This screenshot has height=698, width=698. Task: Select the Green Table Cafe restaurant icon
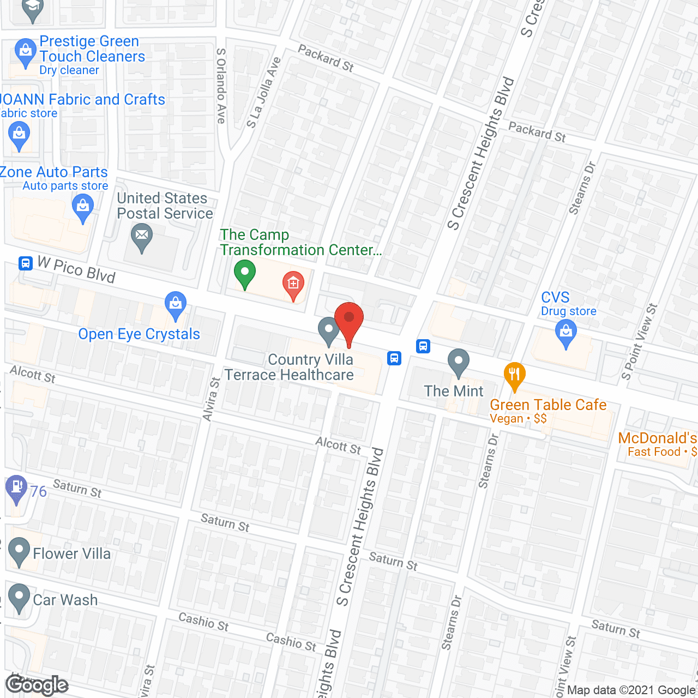(514, 375)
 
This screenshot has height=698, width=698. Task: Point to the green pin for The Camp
(245, 272)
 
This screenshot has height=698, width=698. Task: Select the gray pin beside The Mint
(459, 362)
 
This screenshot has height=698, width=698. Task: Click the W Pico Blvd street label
(76, 269)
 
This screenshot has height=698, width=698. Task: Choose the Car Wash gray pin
(19, 597)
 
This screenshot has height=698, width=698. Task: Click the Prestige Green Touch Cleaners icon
(25, 51)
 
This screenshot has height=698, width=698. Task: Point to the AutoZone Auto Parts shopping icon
(83, 207)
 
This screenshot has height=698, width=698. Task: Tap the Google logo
(37, 685)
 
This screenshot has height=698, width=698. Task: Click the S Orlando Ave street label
(221, 86)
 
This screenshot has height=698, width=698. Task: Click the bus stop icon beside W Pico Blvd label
(25, 263)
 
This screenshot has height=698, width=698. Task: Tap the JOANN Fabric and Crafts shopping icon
(20, 134)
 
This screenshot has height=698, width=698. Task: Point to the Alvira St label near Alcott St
(211, 399)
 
